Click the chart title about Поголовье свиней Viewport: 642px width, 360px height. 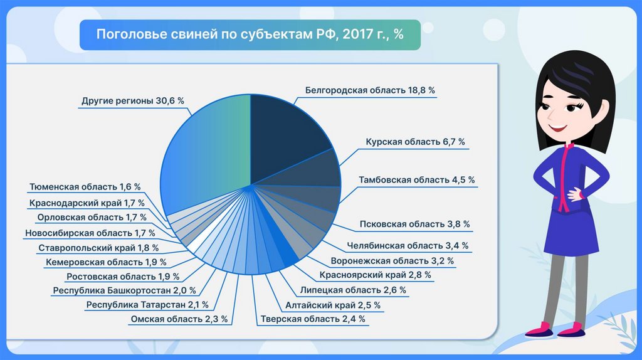click(x=250, y=34)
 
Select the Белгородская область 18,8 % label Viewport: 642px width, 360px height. click(x=370, y=90)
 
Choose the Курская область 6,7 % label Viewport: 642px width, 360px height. click(x=416, y=142)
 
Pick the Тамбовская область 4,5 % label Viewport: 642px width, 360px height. click(x=416, y=181)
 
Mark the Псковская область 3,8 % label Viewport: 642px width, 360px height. click(x=414, y=224)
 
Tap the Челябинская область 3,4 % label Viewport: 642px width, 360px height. click(x=408, y=246)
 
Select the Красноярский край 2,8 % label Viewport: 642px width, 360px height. click(x=375, y=275)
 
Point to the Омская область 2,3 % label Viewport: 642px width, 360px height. click(x=179, y=319)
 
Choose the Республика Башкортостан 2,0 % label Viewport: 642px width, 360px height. click(x=125, y=290)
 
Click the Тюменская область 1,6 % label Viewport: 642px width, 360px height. click(x=85, y=187)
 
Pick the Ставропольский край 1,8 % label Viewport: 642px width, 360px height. click(x=98, y=248)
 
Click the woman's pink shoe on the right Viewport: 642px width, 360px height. click(x=572, y=329)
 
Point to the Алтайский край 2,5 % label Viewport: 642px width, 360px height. click(x=333, y=305)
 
